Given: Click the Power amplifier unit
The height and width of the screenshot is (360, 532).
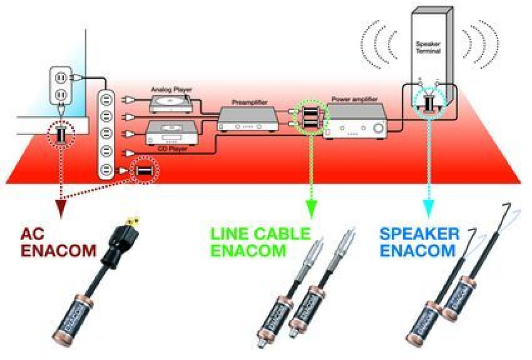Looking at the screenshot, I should [356, 121].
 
